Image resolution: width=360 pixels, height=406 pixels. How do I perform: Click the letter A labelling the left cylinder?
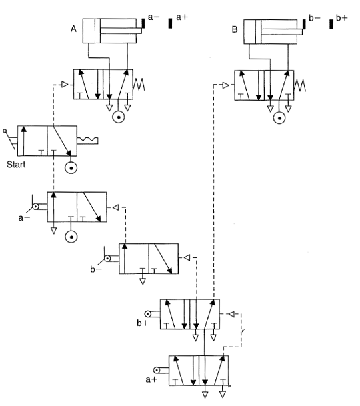(73, 29)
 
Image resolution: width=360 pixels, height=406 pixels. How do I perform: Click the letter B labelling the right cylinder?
(235, 29)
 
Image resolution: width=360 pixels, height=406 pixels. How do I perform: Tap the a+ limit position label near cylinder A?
(182, 19)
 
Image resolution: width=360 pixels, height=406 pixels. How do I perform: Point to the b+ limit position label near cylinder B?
(342, 19)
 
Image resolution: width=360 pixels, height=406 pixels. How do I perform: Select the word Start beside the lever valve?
(16, 164)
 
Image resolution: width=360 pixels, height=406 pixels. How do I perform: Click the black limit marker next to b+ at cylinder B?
(331, 24)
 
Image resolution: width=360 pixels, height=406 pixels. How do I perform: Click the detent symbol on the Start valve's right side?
(87, 139)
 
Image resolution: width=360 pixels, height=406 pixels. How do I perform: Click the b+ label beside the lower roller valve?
(142, 323)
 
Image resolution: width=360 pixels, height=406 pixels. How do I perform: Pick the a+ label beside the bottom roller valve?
(150, 380)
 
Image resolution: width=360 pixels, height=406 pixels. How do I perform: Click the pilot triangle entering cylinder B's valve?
(225, 85)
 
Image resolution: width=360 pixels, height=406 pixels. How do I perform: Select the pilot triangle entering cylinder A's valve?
(64, 85)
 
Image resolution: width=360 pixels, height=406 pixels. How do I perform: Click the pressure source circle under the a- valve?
(71, 237)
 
